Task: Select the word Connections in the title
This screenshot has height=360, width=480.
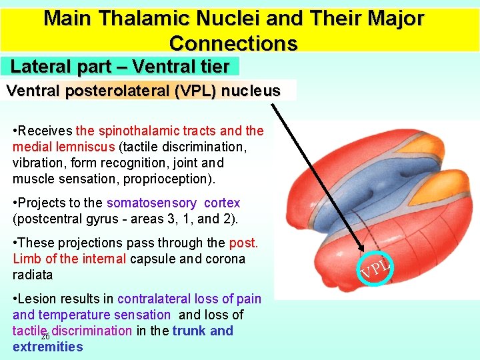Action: [233, 43]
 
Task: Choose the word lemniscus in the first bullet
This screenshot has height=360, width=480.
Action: [86, 147]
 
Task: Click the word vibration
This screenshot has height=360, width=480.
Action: [37, 163]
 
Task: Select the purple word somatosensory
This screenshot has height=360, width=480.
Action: [151, 203]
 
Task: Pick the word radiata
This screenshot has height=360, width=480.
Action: [33, 275]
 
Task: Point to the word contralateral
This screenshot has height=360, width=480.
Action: [164, 299]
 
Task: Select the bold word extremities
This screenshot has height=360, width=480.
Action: [47, 347]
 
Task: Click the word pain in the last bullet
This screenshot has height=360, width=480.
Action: [250, 299]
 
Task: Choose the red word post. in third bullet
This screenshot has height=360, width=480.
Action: [243, 243]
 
